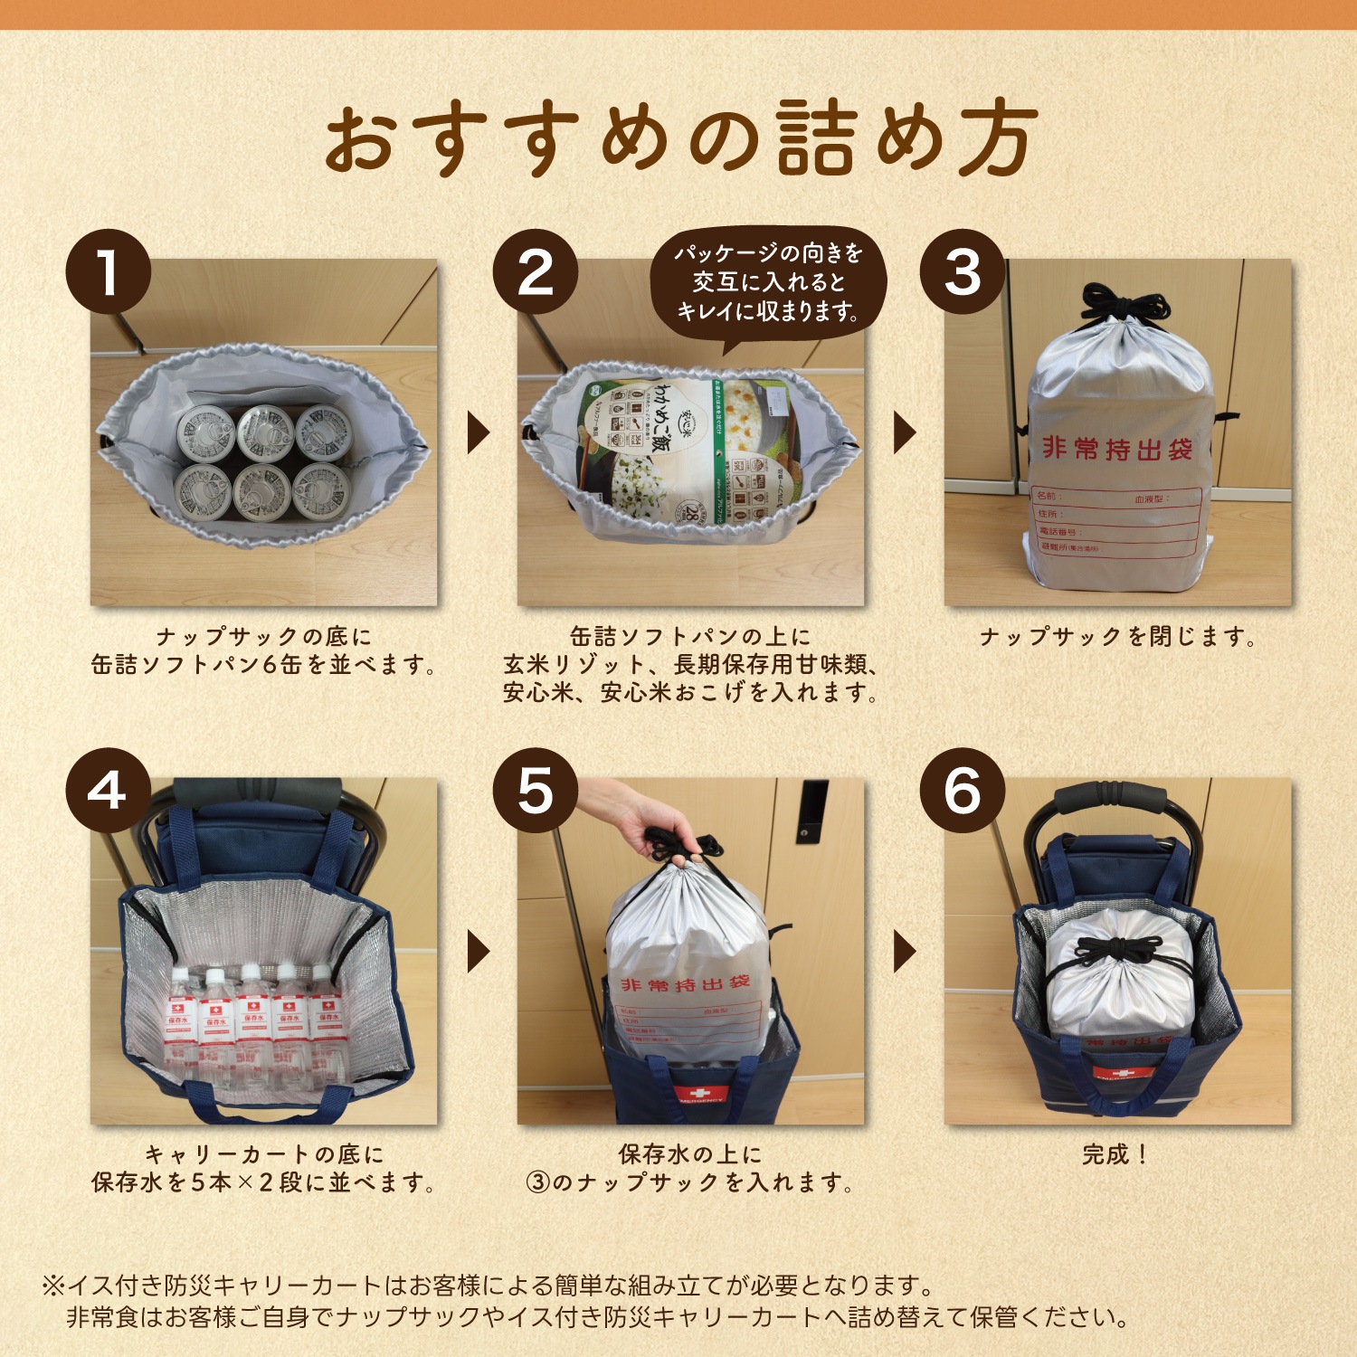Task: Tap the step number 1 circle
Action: point(108,271)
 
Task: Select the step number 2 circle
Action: point(535,271)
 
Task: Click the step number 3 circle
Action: point(962,271)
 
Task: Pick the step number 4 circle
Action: point(108,790)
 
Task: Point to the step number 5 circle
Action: point(535,790)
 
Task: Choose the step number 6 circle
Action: point(962,790)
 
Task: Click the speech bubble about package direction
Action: point(768,282)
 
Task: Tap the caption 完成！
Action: point(1115,1154)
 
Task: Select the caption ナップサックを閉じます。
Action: point(1118,637)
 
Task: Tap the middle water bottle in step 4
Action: point(252,1013)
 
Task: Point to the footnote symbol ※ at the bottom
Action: point(52,1286)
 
